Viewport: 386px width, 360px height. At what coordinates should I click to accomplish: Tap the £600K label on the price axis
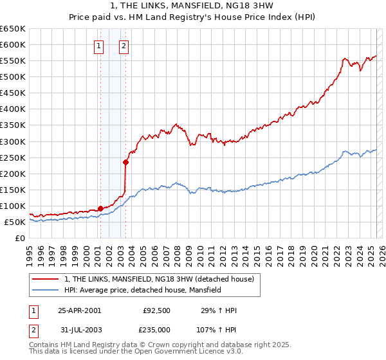point(12,44)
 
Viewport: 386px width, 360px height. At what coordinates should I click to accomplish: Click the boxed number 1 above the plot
point(99,46)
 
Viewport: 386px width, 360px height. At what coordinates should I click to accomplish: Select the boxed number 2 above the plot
point(124,46)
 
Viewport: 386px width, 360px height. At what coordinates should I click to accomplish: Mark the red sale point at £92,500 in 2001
point(100,208)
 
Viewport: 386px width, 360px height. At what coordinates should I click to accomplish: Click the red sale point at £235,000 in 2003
point(126,162)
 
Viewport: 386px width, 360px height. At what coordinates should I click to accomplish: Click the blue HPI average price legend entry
point(142,290)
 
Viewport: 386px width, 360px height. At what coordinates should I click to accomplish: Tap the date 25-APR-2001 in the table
point(79,310)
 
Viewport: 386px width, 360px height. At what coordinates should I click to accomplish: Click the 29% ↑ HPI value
point(220,310)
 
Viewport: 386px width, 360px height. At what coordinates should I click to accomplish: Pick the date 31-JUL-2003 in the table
point(79,330)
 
